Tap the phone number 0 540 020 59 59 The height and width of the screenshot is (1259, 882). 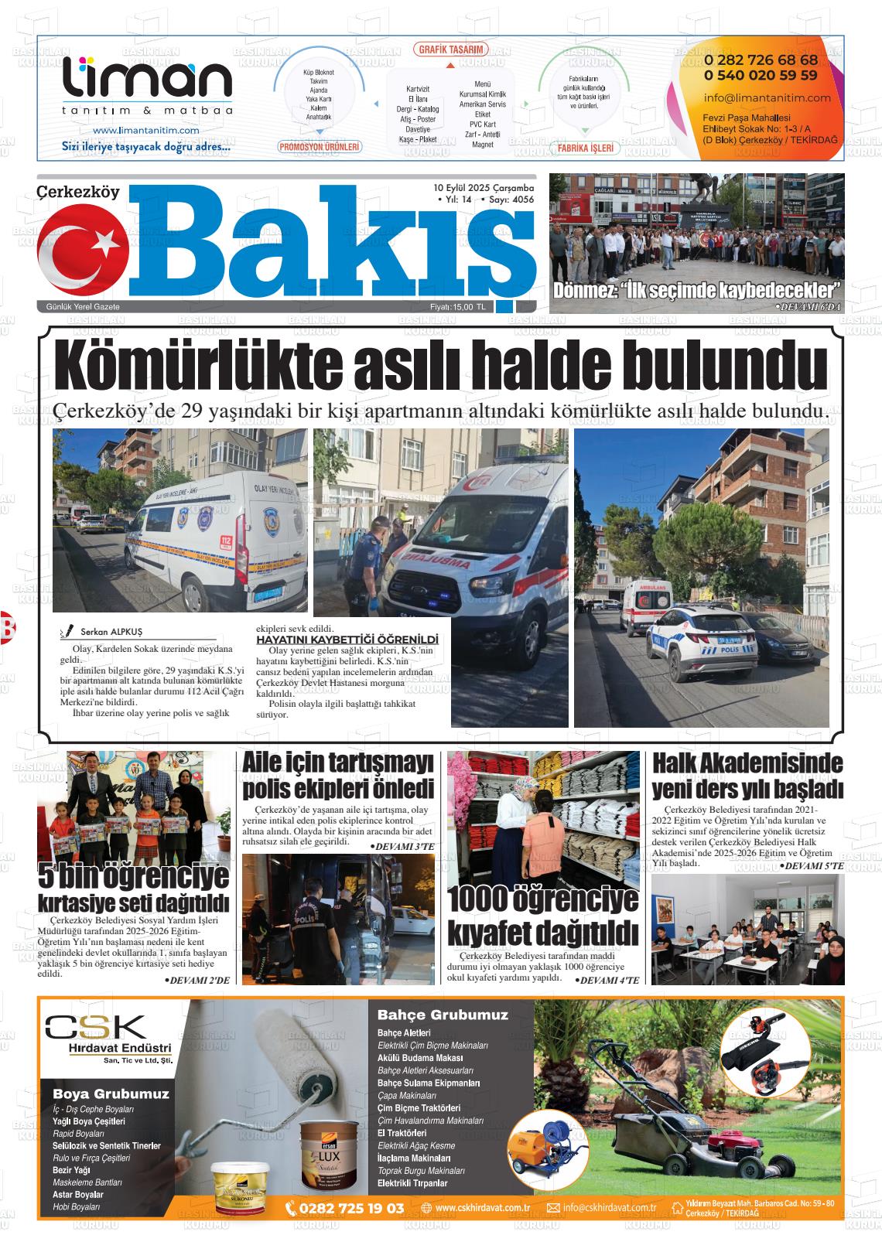(761, 75)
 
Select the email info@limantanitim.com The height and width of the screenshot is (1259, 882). (757, 97)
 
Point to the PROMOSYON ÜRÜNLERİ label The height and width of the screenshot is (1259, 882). (320, 146)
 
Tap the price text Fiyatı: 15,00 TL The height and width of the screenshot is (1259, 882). (458, 307)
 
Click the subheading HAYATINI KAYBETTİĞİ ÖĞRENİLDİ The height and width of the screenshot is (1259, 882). (347, 640)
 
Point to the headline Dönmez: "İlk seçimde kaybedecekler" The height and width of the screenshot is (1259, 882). (696, 292)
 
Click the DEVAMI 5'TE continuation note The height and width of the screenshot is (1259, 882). (811, 866)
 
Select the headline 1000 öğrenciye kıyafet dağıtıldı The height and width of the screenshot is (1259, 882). (543, 913)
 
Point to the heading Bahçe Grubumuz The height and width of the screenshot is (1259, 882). (443, 1015)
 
